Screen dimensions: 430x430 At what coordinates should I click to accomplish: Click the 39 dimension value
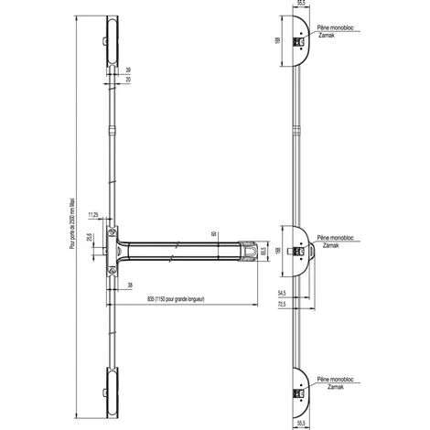[128, 69]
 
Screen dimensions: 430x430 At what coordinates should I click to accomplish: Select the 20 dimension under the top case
[128, 80]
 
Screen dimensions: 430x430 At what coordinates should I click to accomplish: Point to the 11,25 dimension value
[94, 214]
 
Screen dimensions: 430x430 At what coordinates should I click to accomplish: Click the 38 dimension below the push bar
[132, 284]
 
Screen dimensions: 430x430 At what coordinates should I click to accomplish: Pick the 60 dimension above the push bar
[214, 234]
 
